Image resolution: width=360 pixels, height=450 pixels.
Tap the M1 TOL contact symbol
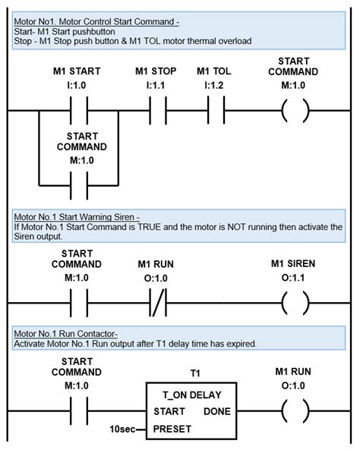217,112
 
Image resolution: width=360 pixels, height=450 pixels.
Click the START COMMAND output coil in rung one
294,112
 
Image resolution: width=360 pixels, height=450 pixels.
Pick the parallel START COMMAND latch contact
78,184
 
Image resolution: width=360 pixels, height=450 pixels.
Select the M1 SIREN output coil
294,304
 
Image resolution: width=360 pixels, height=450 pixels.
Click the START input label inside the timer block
170,411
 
